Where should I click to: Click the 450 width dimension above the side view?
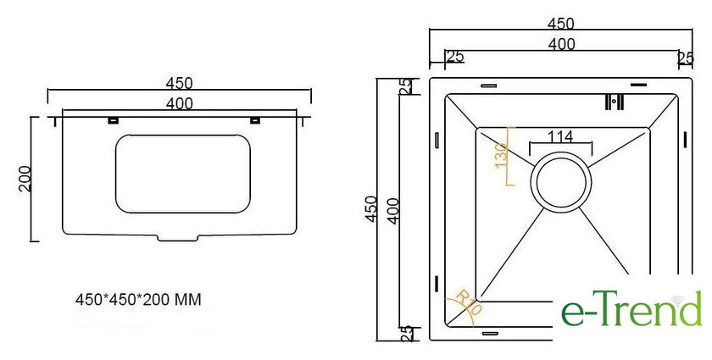pos(180,84)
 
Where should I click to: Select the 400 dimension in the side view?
pos(180,104)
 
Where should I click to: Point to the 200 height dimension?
pos(25,179)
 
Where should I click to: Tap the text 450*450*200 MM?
pos(138,300)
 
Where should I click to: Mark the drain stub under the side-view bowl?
pos(177,238)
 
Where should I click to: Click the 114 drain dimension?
pos(560,136)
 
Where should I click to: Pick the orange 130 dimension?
pos(501,155)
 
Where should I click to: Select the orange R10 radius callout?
pos(469,302)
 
